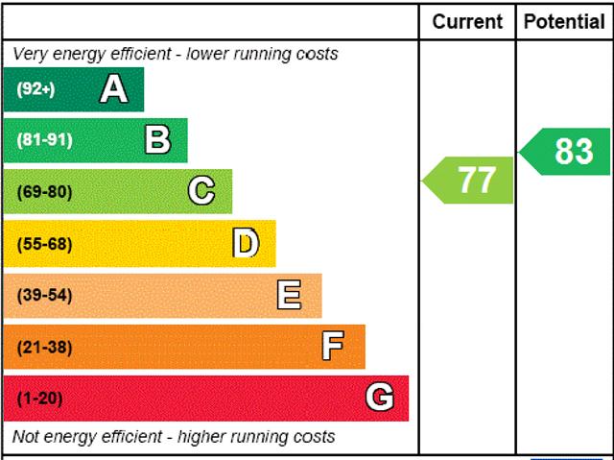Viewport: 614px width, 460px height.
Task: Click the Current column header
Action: pos(467,21)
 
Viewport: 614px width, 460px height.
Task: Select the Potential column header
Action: pos(565,21)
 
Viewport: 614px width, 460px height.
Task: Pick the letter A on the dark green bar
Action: pos(113,89)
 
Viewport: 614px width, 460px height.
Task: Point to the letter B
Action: pos(157,140)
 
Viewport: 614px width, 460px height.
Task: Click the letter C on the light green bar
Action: pos(201,191)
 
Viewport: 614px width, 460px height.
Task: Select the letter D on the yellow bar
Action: pos(246,243)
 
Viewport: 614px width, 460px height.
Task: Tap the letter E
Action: pos(289,295)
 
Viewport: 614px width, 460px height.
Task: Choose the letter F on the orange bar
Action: pos(333,346)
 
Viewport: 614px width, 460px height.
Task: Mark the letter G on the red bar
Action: pos(380,398)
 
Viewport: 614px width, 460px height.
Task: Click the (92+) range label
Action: pos(35,89)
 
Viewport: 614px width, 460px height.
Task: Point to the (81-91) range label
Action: pos(44,140)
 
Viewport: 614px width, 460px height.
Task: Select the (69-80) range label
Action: pos(44,192)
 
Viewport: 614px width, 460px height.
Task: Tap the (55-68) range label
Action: pos(44,244)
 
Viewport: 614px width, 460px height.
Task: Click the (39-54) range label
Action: pos(44,295)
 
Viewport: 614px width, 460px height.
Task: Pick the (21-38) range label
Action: pos(44,347)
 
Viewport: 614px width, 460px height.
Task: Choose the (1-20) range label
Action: pos(39,398)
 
